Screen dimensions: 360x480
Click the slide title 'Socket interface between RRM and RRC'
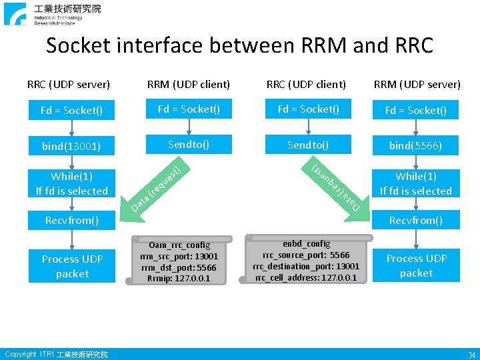coord(239,45)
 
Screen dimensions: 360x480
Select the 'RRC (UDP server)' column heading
coord(69,84)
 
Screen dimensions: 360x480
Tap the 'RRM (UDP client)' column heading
coord(189,84)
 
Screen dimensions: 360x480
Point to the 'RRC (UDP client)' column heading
coord(306,84)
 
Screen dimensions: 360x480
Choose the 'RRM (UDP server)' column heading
coord(417,84)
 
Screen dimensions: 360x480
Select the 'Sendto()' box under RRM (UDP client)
coord(189,144)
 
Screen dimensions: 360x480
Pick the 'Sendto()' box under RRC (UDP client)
coord(308,144)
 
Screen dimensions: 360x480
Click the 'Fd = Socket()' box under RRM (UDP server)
coord(417,111)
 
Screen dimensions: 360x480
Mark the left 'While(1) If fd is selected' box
coord(72,183)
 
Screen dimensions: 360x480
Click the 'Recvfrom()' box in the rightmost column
coord(416,220)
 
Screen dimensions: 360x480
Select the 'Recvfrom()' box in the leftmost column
coord(72,220)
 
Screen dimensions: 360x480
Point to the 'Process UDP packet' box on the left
coord(72,266)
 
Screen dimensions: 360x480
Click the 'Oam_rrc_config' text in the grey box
coord(179,245)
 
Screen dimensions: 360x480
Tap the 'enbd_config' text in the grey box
coord(306,243)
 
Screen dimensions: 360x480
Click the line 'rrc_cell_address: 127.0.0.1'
coord(306,277)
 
